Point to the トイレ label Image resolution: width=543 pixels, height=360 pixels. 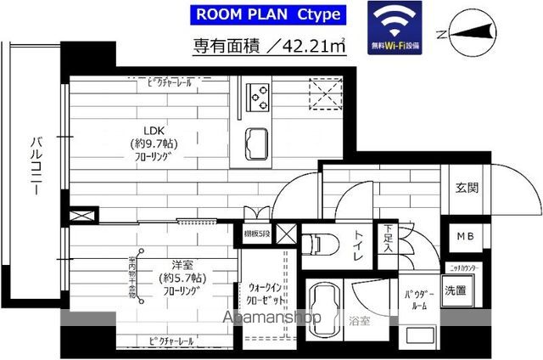360,241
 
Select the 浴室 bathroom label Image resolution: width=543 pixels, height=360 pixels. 358,322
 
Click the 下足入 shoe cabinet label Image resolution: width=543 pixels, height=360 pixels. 388,238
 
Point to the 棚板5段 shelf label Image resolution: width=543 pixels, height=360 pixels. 257,232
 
